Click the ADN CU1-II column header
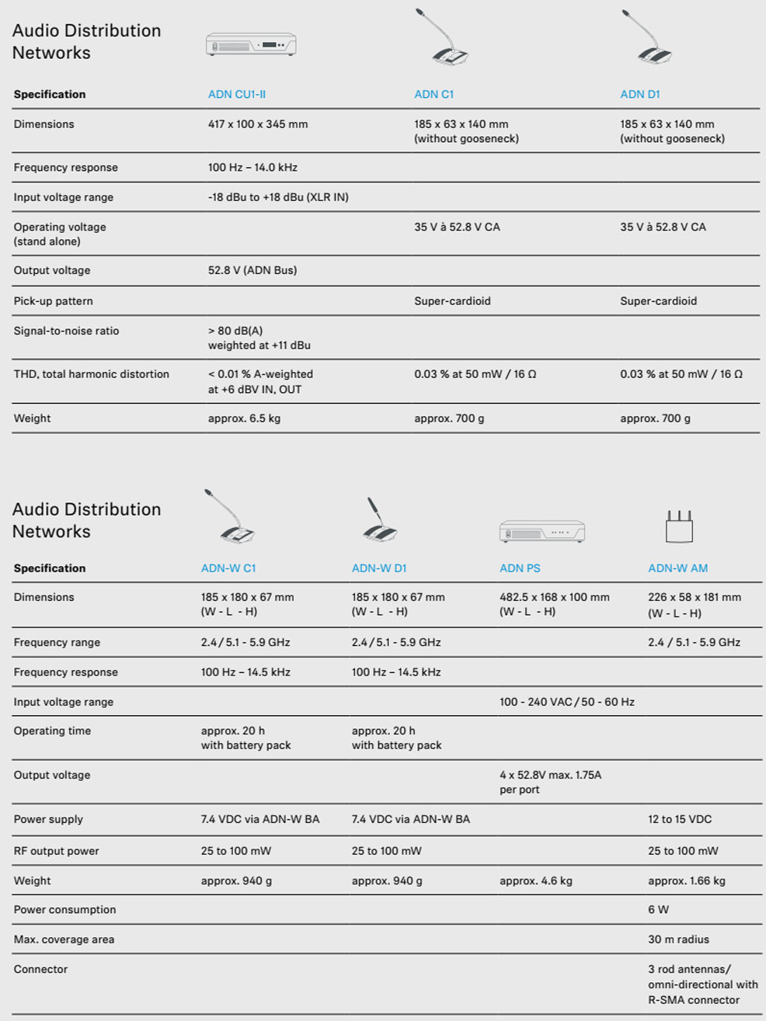(x=236, y=95)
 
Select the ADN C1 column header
(x=433, y=95)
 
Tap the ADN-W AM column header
(x=677, y=568)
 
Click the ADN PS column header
(x=520, y=568)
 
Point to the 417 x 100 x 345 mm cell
(x=258, y=124)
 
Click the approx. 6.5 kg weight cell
(x=244, y=418)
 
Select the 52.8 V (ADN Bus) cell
(x=252, y=271)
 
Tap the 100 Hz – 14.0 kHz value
(x=252, y=168)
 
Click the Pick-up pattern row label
(x=53, y=301)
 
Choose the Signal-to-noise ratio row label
(x=66, y=331)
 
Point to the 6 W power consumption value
(x=658, y=910)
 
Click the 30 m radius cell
(x=678, y=939)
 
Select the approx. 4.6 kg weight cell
(x=535, y=881)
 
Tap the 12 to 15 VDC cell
(x=680, y=820)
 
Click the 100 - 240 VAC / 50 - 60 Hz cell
(x=566, y=702)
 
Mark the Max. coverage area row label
(x=64, y=939)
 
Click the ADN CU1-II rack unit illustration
(x=251, y=44)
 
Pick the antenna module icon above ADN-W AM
(x=678, y=526)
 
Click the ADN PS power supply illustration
(x=541, y=531)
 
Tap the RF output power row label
(x=56, y=851)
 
